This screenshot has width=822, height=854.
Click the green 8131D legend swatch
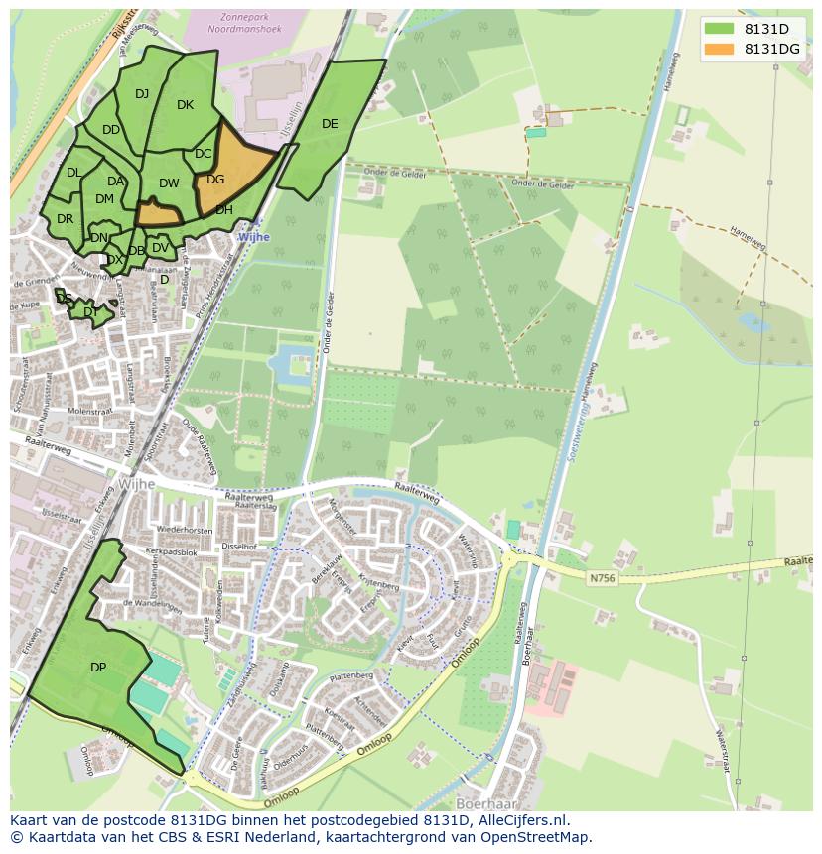coord(719,29)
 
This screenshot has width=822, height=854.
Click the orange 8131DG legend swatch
coord(719,49)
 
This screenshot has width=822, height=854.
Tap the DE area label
coord(330,124)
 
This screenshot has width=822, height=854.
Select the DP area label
coord(98,668)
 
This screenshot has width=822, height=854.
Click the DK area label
coord(185,105)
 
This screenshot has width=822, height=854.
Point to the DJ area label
coord(142,94)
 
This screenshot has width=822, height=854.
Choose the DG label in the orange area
coord(215,180)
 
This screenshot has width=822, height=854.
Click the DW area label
coord(169,183)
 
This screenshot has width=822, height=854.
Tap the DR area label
coord(66,219)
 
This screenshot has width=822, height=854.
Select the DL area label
coord(73,173)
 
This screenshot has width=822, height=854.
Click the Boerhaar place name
coord(489,801)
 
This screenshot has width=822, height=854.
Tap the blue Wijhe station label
coord(253,238)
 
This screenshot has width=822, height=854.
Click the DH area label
coord(224,210)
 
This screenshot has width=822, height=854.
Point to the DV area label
coord(160,248)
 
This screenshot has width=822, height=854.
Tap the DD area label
coord(111,130)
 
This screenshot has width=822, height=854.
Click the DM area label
coord(104,199)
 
